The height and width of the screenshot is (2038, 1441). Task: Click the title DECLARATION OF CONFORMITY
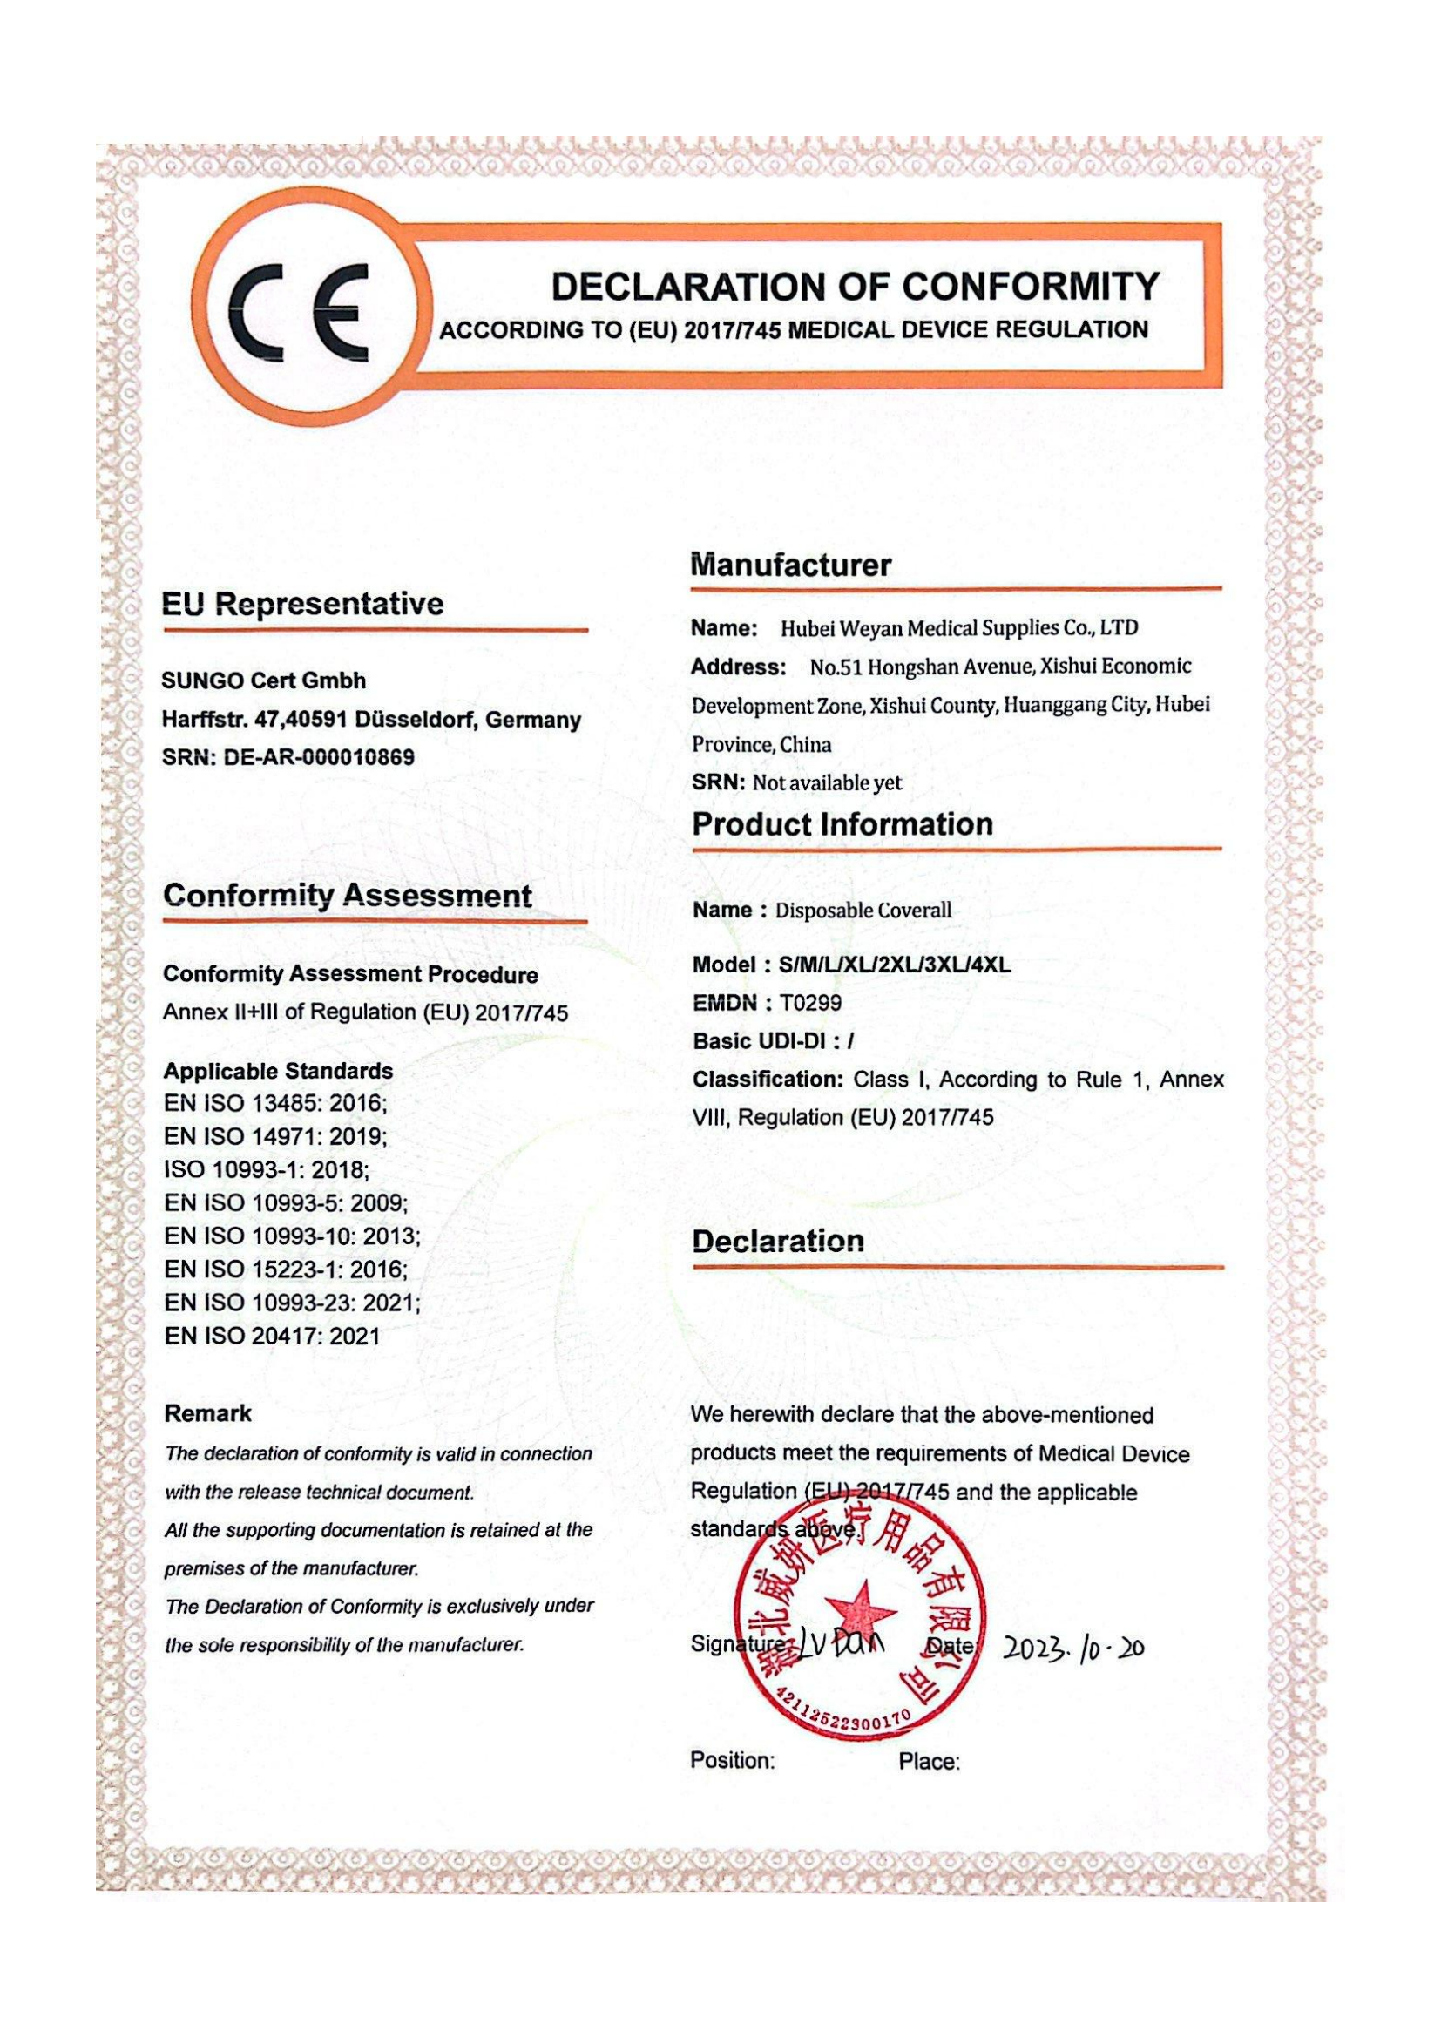pyautogui.click(x=855, y=287)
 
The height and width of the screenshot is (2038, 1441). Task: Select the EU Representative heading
pyautogui.click(x=302, y=605)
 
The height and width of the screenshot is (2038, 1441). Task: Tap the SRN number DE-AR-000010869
pyautogui.click(x=320, y=758)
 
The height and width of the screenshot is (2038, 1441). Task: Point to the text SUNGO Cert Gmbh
pyautogui.click(x=263, y=680)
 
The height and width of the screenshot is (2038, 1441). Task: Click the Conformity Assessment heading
pyautogui.click(x=347, y=896)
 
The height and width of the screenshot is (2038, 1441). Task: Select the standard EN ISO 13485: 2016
pyautogui.click(x=275, y=1104)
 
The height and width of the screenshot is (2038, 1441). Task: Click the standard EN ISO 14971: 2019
pyautogui.click(x=275, y=1137)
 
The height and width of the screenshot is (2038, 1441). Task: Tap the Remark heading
pyautogui.click(x=207, y=1414)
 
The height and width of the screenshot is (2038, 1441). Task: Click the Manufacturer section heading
pyautogui.click(x=790, y=565)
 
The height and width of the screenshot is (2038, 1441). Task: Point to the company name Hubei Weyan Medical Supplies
pyautogui.click(x=958, y=628)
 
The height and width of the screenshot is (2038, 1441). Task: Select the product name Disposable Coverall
pyautogui.click(x=863, y=911)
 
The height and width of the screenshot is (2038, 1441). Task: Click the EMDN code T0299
pyautogui.click(x=809, y=1003)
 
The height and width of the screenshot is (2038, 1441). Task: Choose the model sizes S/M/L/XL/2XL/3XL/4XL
pyautogui.click(x=894, y=965)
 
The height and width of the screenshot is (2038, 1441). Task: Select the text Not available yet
pyautogui.click(x=826, y=783)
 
